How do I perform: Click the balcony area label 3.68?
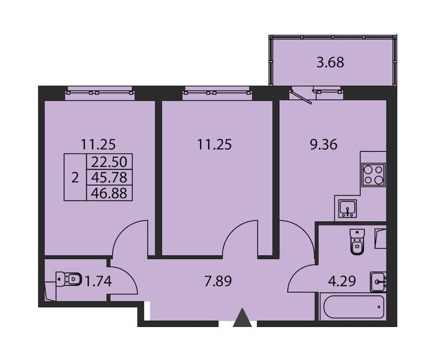330,62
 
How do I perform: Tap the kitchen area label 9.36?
324,144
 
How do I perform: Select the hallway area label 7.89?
218,281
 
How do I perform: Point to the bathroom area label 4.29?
342,281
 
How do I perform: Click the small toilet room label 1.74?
98,281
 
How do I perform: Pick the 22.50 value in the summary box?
109,162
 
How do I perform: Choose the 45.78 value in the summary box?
109,177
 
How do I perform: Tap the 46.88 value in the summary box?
109,193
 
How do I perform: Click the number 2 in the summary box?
75,177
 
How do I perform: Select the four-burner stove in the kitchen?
374,175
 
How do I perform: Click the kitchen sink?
348,209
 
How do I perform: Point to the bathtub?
354,307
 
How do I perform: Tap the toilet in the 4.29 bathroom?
357,242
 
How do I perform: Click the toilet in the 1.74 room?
68,279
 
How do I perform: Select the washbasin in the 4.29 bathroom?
378,281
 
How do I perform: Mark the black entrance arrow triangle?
242,318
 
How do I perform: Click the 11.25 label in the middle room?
215,144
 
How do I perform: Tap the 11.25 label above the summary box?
98,144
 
